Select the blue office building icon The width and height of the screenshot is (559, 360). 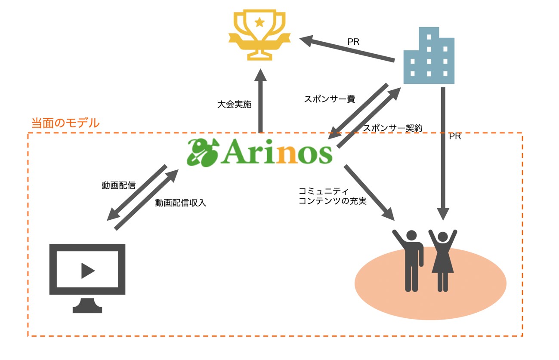click(x=429, y=56)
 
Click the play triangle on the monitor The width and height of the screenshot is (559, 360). click(x=87, y=271)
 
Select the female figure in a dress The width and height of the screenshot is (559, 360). click(x=442, y=260)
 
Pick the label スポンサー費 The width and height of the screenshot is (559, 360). click(x=329, y=99)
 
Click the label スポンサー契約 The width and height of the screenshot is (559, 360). click(x=393, y=128)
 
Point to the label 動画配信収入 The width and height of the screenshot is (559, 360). click(x=181, y=203)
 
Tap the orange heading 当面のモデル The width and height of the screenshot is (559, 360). click(x=65, y=123)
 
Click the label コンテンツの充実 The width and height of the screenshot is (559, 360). click(x=332, y=201)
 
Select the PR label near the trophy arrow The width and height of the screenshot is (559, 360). click(x=353, y=43)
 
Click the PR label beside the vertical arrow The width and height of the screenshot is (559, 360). click(x=455, y=137)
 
